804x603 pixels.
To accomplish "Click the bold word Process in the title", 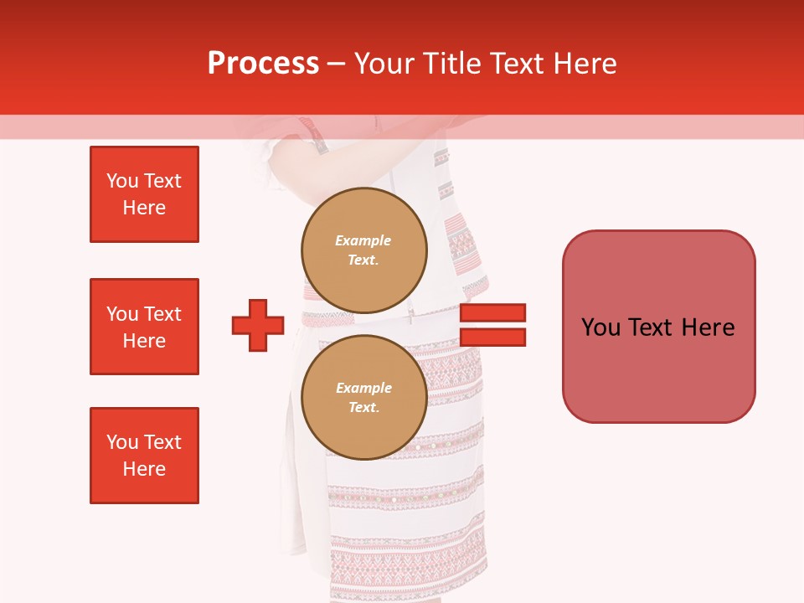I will click(263, 64).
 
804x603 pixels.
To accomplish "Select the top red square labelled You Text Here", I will click(144, 194).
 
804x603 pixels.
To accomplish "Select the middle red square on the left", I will click(144, 327).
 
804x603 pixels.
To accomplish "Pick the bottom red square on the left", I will click(144, 456).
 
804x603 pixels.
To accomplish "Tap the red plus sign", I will click(258, 325).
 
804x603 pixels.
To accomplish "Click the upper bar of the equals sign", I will click(492, 312).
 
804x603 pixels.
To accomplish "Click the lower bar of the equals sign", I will click(492, 337).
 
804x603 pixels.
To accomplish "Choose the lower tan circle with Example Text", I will click(363, 397).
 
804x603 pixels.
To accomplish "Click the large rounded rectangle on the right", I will click(658, 327).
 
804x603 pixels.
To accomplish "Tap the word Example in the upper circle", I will click(363, 240).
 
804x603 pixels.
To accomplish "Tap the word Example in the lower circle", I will click(363, 388).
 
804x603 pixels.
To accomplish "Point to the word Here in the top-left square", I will click(144, 208).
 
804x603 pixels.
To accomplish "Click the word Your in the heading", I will click(384, 64).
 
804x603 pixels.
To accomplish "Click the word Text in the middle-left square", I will click(162, 314).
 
